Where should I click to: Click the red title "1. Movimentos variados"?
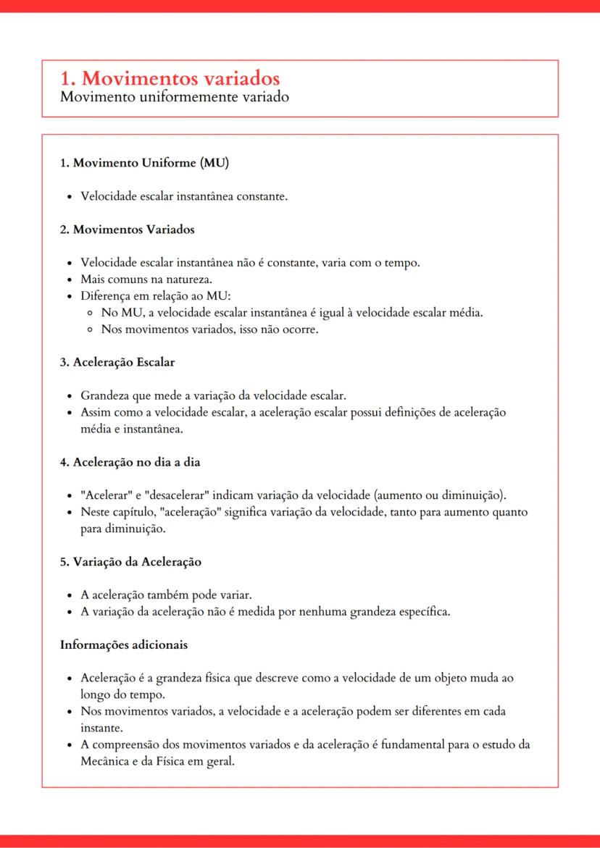click(x=170, y=78)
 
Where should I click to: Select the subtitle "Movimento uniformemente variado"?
click(x=175, y=96)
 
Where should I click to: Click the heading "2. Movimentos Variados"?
click(x=127, y=230)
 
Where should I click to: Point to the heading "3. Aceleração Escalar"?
click(x=117, y=362)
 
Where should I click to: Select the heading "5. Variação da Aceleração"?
click(x=130, y=562)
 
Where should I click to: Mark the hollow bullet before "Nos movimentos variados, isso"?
click(x=88, y=329)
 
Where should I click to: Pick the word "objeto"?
click(x=443, y=678)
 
